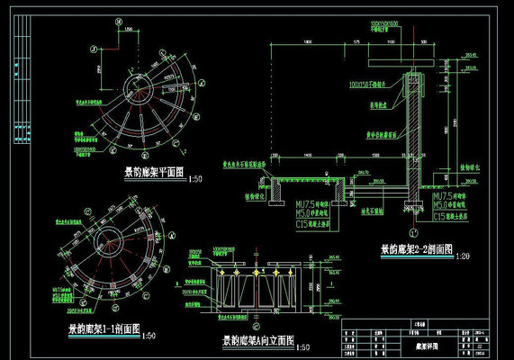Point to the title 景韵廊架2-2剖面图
416,247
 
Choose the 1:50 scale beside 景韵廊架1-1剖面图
150,337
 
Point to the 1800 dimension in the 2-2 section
307,42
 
